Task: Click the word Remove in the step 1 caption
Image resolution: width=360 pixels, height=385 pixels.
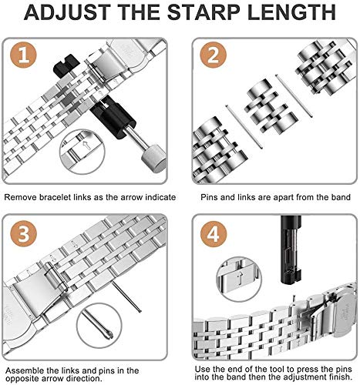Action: point(22,197)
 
